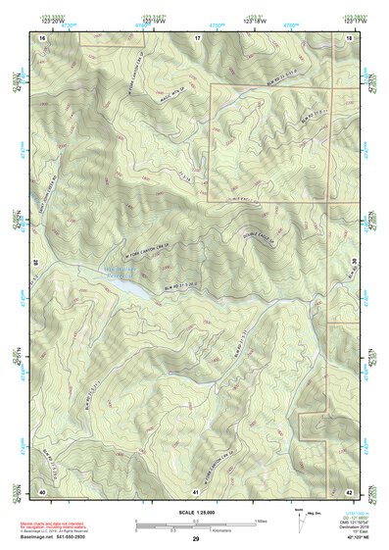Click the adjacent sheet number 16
click(x=42, y=36)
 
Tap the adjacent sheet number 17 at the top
click(x=197, y=36)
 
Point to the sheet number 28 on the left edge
click(x=36, y=263)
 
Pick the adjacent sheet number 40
click(x=42, y=490)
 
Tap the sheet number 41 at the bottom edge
click(x=197, y=490)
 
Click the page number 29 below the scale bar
click(x=196, y=539)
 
